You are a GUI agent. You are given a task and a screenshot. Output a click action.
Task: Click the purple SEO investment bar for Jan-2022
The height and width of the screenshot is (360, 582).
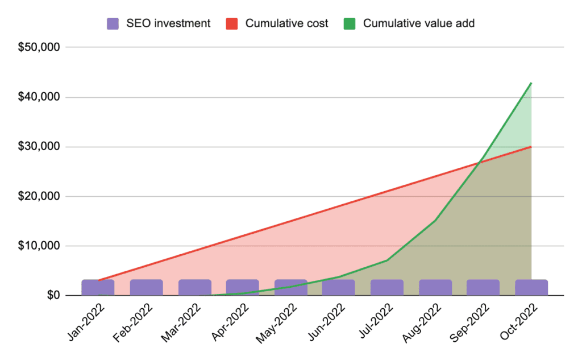pyautogui.click(x=98, y=287)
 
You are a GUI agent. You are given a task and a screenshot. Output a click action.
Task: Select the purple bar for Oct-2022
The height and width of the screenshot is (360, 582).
pyautogui.click(x=531, y=287)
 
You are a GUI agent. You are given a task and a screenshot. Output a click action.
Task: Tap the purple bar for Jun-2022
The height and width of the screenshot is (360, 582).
pyautogui.click(x=339, y=287)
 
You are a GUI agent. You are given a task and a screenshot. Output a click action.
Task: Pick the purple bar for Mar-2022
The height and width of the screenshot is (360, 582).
pyautogui.click(x=194, y=287)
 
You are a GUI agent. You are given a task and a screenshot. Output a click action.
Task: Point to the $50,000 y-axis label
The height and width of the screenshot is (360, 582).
pyautogui.click(x=39, y=47)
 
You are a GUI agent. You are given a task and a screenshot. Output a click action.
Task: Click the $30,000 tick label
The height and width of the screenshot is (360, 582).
pyautogui.click(x=39, y=147)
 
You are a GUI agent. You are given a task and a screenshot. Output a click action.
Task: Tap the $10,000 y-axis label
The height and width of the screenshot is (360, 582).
pyautogui.click(x=39, y=246)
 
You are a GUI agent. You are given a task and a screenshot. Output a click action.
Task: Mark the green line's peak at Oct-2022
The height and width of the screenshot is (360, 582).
pyautogui.click(x=531, y=83)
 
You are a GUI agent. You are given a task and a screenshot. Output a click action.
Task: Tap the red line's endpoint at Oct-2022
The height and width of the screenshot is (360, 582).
pyautogui.click(x=531, y=147)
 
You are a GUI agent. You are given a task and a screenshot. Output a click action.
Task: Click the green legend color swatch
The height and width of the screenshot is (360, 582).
pyautogui.click(x=350, y=24)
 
